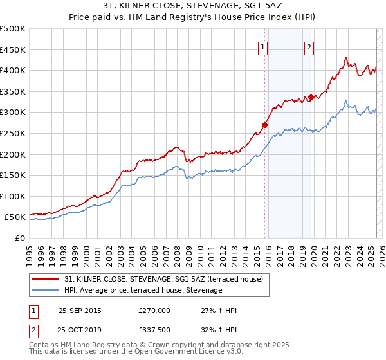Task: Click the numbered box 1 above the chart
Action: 264,46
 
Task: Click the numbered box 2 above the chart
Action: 309,46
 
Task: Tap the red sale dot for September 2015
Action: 264,125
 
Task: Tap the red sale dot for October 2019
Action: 311,96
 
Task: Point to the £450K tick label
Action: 13,50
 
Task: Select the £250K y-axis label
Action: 13,133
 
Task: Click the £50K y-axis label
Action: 15,217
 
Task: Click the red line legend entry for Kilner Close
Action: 163,280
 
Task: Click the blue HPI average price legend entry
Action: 143,291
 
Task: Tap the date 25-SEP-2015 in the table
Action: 80,310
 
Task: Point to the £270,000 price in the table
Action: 154,310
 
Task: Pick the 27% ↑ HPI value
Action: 219,310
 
